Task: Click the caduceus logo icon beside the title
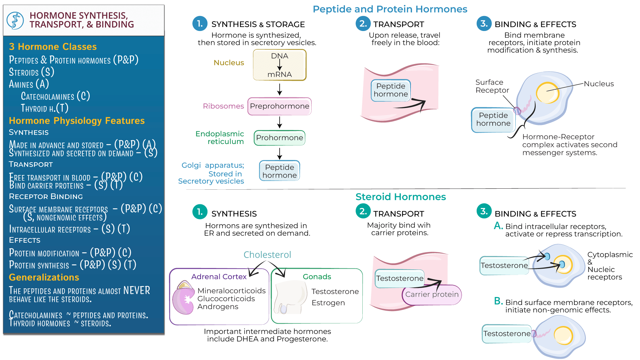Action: coord(15,20)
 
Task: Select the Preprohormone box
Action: coord(279,106)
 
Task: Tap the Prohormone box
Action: coord(279,138)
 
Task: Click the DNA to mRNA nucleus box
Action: coord(279,65)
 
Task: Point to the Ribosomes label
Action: coord(223,106)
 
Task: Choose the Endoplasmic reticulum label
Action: coord(220,138)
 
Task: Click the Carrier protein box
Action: coord(432,295)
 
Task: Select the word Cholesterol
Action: coord(267,255)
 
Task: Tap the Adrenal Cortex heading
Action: coord(219,277)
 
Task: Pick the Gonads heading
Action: coord(317,277)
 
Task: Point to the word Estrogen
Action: coord(328,303)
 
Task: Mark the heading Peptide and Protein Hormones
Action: coord(390,9)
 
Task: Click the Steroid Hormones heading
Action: coord(400,197)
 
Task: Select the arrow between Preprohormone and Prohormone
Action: coord(280,122)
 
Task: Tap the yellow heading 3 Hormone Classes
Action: coord(53,47)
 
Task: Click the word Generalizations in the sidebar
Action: coord(44,277)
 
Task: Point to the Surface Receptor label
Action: coord(492,86)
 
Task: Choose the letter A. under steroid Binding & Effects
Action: coord(498,226)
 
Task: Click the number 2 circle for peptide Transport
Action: coord(363,24)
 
